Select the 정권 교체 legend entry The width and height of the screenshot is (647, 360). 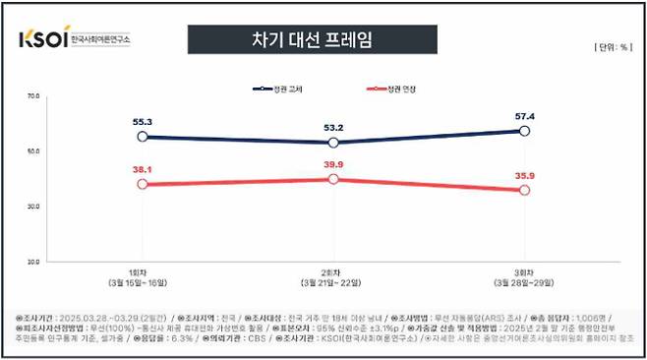coord(280,90)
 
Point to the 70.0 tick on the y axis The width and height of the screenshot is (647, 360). coord(31,96)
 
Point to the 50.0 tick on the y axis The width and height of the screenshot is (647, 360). coord(31,151)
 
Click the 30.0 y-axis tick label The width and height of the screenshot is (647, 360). coord(31,207)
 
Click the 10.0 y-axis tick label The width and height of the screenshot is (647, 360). coord(31,262)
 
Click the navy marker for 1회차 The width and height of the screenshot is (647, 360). coord(143,137)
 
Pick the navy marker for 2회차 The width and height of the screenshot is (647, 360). coord(333,143)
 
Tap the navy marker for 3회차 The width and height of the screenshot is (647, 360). coord(525,131)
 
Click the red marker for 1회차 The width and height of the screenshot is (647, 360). coord(143,184)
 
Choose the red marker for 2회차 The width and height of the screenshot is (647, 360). coord(333,179)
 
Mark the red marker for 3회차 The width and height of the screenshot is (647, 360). coord(525,190)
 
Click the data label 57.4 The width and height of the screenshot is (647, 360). coord(525,116)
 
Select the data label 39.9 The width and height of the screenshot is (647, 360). coord(333,164)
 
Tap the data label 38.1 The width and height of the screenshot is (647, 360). coord(143,168)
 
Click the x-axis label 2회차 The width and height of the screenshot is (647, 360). coord(333,272)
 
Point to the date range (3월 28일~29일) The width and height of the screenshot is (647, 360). coord(525,283)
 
